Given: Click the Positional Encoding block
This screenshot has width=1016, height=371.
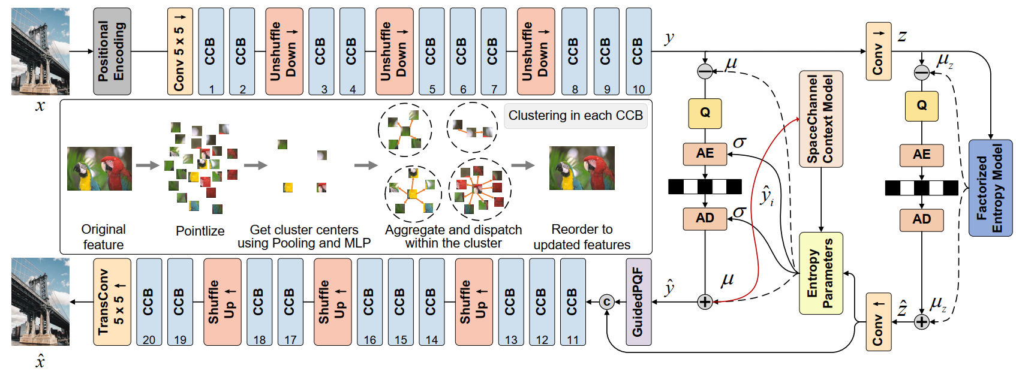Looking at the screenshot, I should coord(112,52).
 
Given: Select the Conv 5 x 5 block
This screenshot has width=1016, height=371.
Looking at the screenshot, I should coord(180,52).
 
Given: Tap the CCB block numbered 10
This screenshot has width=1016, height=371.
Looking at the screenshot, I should coord(638,52).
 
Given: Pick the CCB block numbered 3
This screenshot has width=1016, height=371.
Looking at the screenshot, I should coord(321,52).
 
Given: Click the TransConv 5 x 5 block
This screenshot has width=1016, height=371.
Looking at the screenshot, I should coord(112,302).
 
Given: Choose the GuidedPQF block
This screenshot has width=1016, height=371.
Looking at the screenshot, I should coord(638,302).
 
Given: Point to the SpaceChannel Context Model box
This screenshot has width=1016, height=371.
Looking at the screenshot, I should coord(820,119).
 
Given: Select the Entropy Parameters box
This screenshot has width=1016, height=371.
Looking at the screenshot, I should coord(820,273).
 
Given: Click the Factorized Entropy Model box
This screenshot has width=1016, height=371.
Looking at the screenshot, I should coord(990,188).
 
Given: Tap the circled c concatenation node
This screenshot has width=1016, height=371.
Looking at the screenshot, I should coord(607,302).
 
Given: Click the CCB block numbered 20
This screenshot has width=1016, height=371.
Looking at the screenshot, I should coord(149,302).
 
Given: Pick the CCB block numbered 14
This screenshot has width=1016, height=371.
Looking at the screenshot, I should coord(431,302).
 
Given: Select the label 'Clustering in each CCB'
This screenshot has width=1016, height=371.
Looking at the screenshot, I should coord(575,116).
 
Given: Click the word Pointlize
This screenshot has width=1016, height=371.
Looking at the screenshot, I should coord(200,231).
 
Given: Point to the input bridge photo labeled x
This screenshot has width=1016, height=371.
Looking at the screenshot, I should coord(40,52).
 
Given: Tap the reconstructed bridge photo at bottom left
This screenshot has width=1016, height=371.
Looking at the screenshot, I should coord(40,302).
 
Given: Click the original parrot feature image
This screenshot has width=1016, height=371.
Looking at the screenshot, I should coord(100,168).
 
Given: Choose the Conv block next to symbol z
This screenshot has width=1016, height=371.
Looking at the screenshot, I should coord(878,52).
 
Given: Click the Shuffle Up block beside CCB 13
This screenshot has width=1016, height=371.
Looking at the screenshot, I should coord(474,302).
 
